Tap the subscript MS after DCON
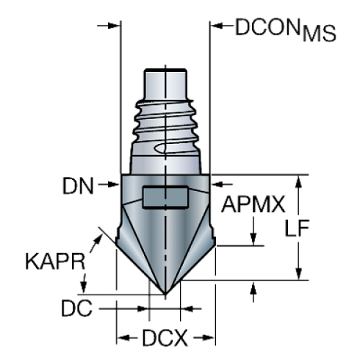tap(320, 34)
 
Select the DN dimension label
tap(79, 187)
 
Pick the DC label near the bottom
tap(78, 309)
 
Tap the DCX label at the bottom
tap(165, 339)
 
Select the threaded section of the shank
tap(166, 129)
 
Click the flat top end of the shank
tap(166, 71)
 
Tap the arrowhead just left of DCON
tap(217, 26)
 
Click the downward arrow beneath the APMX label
tap(253, 239)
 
